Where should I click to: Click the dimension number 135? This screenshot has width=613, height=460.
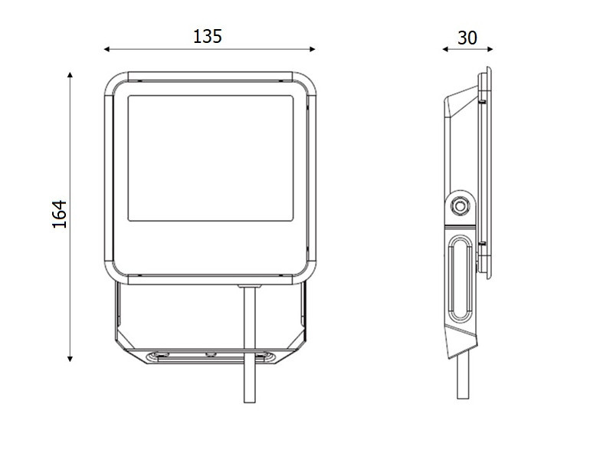(x=208, y=36)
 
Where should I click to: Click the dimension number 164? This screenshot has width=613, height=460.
(x=60, y=214)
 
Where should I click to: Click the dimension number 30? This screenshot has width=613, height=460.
(x=467, y=38)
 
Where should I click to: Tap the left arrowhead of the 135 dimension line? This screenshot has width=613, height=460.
(x=107, y=49)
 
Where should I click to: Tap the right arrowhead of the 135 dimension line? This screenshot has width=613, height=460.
(x=313, y=49)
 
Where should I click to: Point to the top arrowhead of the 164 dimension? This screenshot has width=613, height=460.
(x=70, y=75)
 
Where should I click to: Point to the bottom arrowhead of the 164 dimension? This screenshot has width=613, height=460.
(x=70, y=359)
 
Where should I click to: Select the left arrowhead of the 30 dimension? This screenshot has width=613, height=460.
(x=445, y=49)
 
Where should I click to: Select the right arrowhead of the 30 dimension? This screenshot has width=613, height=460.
(x=490, y=49)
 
